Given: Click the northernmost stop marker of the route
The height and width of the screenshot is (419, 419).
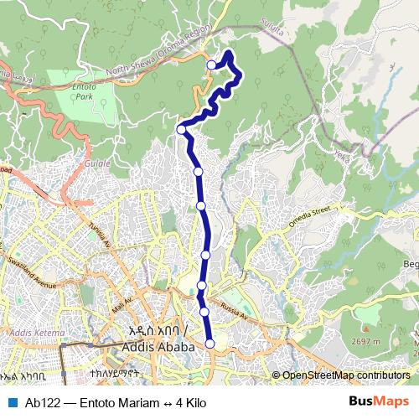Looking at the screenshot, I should (211, 65).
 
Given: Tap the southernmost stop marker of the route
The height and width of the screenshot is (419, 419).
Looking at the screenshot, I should (210, 343).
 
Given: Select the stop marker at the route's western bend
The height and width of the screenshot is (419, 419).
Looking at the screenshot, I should (181, 129).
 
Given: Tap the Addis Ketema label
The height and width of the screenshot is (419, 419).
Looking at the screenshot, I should (33, 333).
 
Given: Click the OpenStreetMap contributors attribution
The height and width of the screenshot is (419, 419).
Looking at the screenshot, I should (345, 375).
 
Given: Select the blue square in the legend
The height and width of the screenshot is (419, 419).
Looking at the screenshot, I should (11, 402).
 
